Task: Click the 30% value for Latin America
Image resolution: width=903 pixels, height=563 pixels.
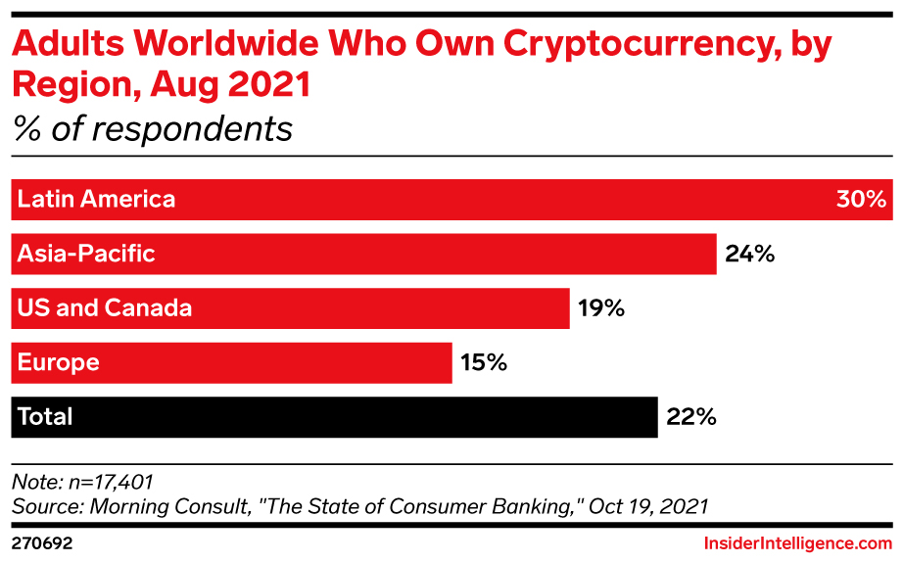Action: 860,200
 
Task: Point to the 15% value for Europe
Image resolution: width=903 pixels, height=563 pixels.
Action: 484,363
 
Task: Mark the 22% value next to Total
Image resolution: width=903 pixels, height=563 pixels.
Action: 691,417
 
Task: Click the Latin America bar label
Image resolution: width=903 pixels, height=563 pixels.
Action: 96,200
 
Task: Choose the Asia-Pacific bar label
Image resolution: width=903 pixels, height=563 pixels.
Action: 86,255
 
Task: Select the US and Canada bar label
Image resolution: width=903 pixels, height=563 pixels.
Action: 104,308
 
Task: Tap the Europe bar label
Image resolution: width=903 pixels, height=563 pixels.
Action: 58,363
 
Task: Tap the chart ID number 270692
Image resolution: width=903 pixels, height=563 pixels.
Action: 42,541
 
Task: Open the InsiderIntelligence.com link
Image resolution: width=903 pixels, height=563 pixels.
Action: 797,541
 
